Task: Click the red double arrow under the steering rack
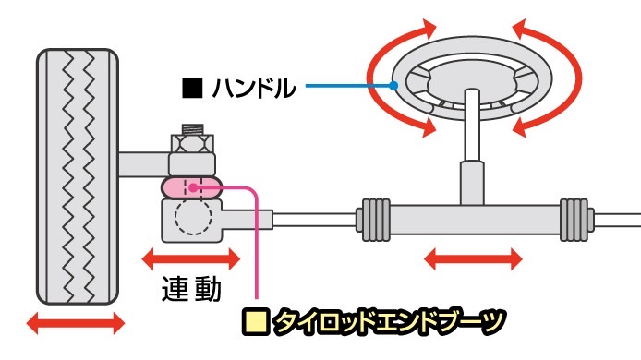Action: (472, 258)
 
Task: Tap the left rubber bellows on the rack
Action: (373, 219)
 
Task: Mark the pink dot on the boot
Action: (195, 186)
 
